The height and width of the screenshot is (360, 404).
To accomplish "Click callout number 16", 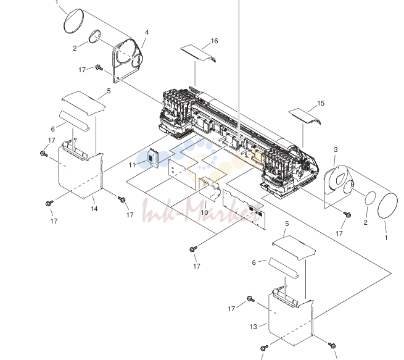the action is (x=215, y=41).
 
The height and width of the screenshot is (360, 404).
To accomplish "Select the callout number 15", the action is (x=321, y=103).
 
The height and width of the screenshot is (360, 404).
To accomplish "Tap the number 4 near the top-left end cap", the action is (x=147, y=32).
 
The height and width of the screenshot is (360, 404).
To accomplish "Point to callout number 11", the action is (x=132, y=165).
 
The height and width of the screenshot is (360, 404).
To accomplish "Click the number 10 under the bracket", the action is (x=204, y=212).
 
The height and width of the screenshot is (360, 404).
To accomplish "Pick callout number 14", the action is (x=94, y=209).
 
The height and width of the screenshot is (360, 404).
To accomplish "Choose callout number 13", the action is (x=254, y=327).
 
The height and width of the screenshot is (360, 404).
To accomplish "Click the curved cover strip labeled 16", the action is (x=198, y=53).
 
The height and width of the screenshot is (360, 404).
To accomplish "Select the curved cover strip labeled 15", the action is (x=305, y=116).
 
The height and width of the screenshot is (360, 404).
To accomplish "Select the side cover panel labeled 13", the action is (x=291, y=320).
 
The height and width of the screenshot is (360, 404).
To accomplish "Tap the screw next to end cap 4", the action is (x=99, y=67).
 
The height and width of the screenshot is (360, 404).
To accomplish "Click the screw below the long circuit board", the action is (x=193, y=249).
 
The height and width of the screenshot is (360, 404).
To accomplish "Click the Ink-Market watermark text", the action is (x=201, y=210).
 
